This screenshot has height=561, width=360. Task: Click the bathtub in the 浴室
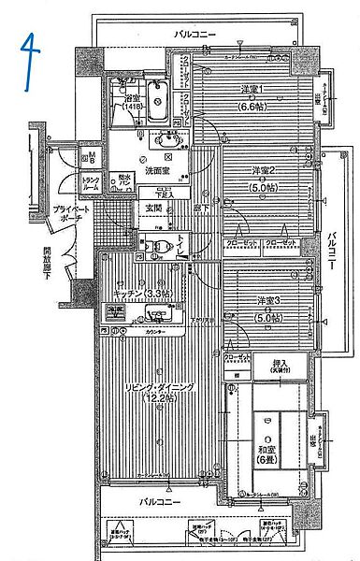point(159,106)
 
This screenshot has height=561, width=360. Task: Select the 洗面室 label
point(156,172)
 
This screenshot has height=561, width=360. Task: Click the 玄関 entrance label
point(151,208)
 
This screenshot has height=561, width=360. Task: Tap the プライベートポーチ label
point(69,216)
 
